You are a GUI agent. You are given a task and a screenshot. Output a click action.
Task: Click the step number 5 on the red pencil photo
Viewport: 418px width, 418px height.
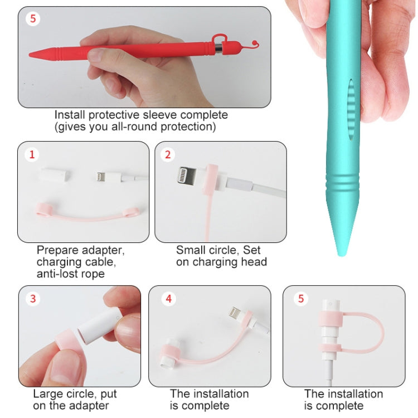click(33, 18)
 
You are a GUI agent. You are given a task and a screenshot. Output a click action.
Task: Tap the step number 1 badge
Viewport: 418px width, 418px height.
click(32, 154)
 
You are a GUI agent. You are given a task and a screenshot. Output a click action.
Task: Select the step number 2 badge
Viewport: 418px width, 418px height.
click(168, 154)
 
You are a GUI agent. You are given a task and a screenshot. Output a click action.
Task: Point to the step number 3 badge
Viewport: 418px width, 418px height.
click(33, 299)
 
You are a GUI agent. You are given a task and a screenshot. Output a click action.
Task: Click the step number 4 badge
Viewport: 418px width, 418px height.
click(168, 299)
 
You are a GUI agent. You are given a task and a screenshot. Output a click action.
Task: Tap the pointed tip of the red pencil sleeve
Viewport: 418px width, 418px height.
click(30, 55)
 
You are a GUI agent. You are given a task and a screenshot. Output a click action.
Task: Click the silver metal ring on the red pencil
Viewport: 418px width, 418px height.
click(218, 48)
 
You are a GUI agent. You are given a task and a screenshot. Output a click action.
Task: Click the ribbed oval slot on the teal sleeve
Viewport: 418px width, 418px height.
click(351, 109)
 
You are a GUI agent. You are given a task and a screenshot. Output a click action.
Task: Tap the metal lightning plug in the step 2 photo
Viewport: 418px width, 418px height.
click(187, 175)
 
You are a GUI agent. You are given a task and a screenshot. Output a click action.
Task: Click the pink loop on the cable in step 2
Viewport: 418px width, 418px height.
click(211, 179)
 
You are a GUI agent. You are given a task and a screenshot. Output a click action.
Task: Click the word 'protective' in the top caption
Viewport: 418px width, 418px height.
click(114, 115)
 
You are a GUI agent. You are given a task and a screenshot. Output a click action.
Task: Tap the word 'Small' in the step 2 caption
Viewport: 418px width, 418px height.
click(191, 250)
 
